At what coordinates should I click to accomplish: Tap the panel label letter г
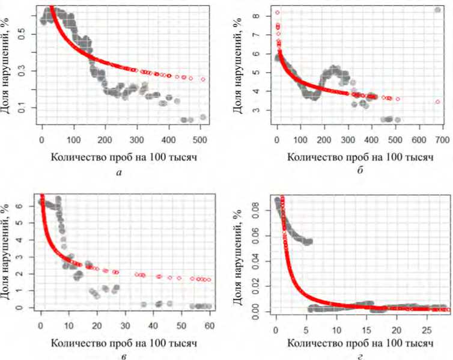pyautogui.click(x=359, y=355)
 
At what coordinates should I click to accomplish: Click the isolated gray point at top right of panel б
pyautogui.click(x=437, y=10)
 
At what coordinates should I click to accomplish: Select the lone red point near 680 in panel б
pyautogui.click(x=437, y=102)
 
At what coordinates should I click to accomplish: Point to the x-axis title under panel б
pyautogui.click(x=359, y=157)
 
